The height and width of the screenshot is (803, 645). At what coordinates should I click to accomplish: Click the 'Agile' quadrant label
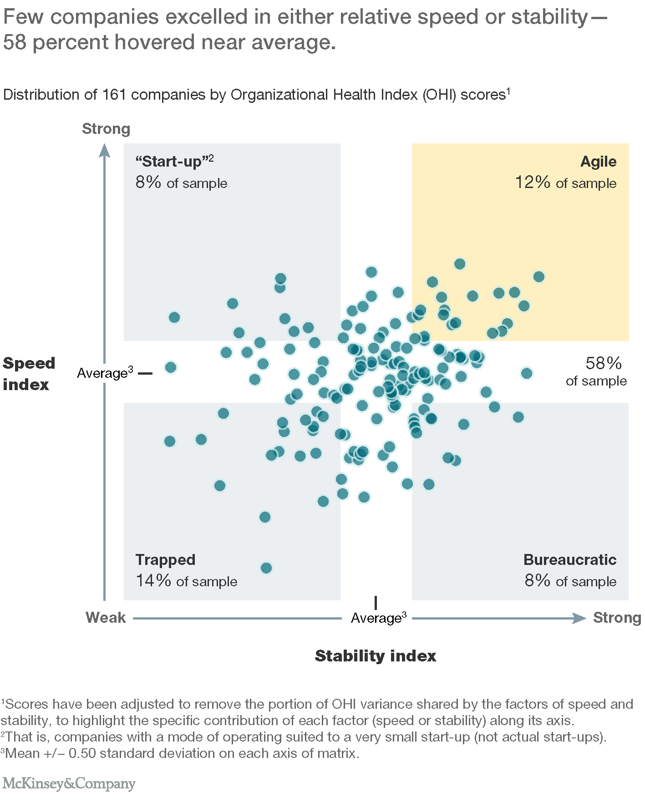click(x=598, y=162)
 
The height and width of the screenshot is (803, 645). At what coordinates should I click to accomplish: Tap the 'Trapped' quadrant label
click(x=165, y=559)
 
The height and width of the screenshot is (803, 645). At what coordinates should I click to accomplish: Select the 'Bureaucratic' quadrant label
click(x=569, y=559)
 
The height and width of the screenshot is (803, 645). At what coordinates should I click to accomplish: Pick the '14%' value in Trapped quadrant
click(x=153, y=580)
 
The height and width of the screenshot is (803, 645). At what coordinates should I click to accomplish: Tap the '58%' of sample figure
click(x=603, y=363)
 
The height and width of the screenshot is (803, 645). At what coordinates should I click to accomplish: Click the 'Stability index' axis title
click(x=376, y=656)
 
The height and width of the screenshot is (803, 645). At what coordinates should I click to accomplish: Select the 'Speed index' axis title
click(x=29, y=374)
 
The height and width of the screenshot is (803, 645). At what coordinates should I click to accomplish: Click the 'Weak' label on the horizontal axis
click(x=106, y=617)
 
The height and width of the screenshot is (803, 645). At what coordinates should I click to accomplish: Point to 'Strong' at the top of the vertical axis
click(x=106, y=129)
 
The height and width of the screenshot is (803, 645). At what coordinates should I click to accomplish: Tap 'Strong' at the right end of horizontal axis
click(x=617, y=617)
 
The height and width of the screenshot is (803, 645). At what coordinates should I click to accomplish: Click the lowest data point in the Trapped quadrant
click(x=266, y=568)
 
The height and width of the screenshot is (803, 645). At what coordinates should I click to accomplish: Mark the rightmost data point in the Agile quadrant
click(x=539, y=277)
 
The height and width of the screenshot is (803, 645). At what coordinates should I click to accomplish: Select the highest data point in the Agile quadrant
click(x=460, y=264)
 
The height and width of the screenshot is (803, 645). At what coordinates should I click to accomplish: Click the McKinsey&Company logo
click(x=69, y=783)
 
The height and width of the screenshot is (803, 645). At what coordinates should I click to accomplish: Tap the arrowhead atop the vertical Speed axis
click(x=105, y=150)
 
